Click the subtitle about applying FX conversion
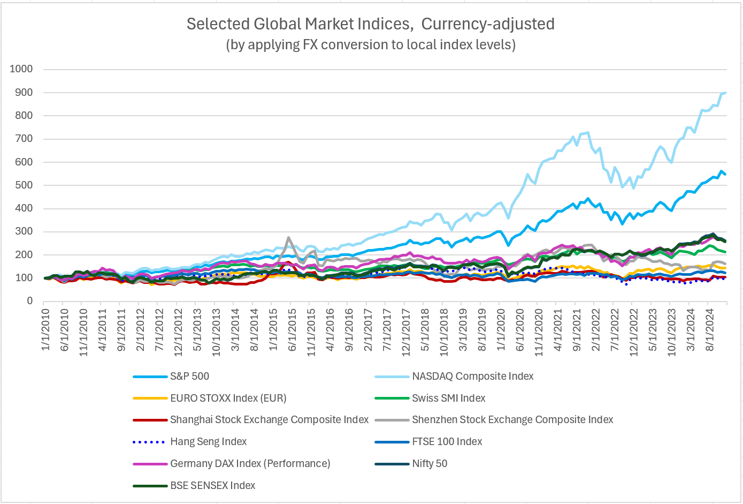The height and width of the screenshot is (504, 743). (x=370, y=44)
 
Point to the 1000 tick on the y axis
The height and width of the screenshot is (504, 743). (x=21, y=69)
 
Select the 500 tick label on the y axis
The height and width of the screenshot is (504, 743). (x=24, y=185)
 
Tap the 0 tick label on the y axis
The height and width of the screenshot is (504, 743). (x=30, y=301)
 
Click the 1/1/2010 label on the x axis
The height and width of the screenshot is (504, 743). (x=46, y=330)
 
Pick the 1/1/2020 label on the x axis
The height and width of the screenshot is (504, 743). (x=501, y=330)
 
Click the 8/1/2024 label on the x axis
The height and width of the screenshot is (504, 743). (x=710, y=330)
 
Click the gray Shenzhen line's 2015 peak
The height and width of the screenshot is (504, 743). (x=289, y=237)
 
